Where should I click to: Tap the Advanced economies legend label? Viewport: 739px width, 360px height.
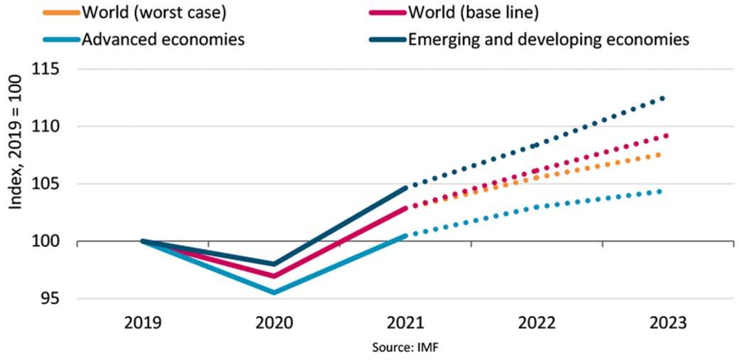tap(163, 39)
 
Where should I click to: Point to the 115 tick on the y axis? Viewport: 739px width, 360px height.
tap(45, 70)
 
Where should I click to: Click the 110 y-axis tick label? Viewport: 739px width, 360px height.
tap(45, 127)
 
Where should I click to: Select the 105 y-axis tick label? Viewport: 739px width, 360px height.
tap(45, 185)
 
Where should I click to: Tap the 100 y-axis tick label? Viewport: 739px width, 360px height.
tap(45, 242)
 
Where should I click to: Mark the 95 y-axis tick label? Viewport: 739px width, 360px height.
tap(50, 300)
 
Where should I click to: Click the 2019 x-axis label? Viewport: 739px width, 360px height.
tap(143, 323)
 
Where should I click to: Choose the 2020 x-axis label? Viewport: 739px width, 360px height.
tap(274, 323)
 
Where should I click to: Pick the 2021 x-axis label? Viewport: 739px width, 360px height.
tap(405, 323)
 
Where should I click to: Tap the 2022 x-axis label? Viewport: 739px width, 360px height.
tap(536, 323)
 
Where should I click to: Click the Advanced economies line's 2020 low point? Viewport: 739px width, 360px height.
tap(274, 293)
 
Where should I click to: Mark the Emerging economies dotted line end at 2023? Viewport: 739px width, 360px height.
tap(663, 99)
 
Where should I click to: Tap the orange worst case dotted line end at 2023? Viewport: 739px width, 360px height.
tap(660, 154)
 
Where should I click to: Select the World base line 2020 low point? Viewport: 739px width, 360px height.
tap(274, 276)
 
